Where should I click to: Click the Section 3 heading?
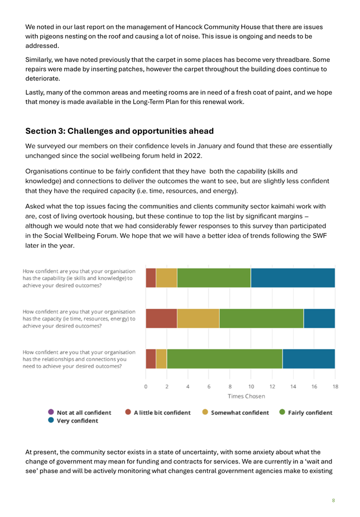[119, 131]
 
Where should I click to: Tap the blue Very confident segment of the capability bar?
[293, 278]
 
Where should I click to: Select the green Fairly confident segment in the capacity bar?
[261, 318]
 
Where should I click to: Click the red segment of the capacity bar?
[161, 318]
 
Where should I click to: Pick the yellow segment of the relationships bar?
[161, 359]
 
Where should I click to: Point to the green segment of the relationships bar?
[224, 359]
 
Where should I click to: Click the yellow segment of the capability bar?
[166, 278]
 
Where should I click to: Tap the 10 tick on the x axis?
[251, 386]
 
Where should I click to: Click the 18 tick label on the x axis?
[335, 386]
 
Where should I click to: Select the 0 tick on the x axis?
[146, 386]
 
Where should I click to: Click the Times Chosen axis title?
[246, 396]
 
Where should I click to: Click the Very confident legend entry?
[73, 421]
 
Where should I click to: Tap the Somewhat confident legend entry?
[236, 413]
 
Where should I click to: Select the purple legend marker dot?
[51, 412]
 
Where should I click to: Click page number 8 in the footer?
[333, 500]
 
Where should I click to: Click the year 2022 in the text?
[192, 156]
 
